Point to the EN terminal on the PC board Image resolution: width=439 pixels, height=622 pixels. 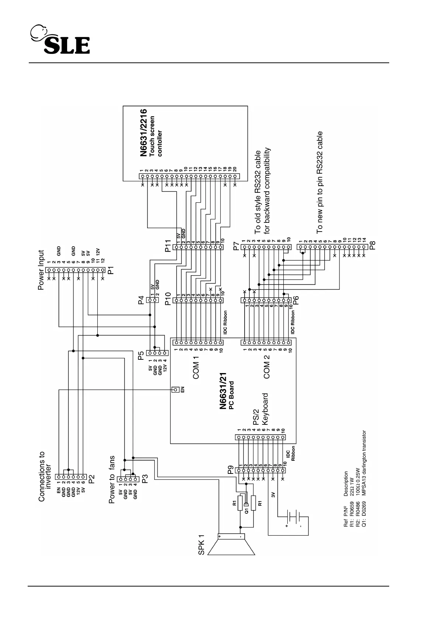[x=176, y=390]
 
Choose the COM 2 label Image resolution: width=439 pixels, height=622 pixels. [x=267, y=367]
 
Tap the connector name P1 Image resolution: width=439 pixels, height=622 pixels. [x=110, y=271]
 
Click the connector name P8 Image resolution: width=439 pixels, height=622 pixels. [x=373, y=246]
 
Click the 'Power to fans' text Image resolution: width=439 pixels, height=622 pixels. [x=112, y=479]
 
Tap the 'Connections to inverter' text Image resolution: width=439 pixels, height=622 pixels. [x=45, y=476]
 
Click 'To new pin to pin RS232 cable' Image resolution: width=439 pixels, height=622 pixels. [x=319, y=182]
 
